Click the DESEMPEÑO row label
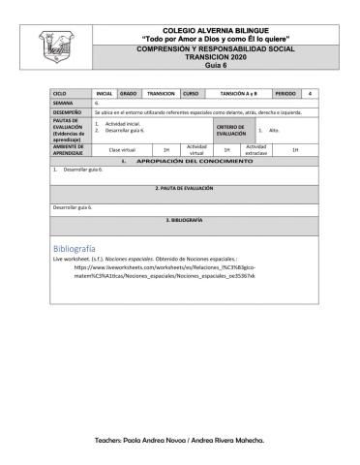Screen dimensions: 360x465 (69, 112)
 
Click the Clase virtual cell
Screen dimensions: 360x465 (122, 150)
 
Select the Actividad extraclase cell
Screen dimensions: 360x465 (256, 150)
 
